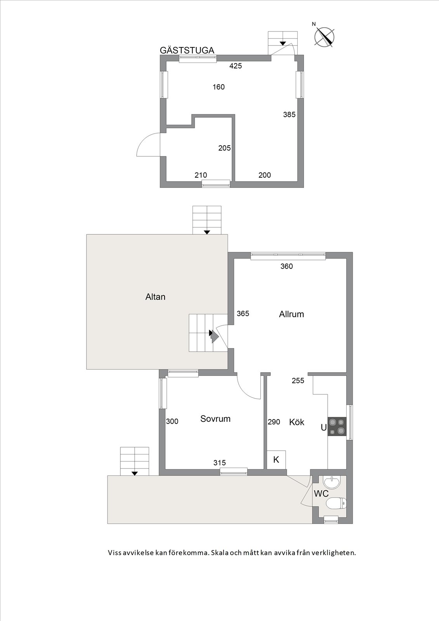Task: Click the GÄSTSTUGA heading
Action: [187, 50]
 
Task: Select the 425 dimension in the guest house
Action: [236, 66]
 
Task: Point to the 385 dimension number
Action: [289, 114]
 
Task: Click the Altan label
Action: [155, 297]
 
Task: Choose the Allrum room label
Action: [292, 314]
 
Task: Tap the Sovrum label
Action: [215, 419]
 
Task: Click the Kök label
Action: [297, 422]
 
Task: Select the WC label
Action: [321, 493]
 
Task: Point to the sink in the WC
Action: [332, 483]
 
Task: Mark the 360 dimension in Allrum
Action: [286, 266]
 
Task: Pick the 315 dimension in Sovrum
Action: [220, 462]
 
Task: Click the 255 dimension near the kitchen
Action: [298, 381]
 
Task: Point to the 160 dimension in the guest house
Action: [219, 87]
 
